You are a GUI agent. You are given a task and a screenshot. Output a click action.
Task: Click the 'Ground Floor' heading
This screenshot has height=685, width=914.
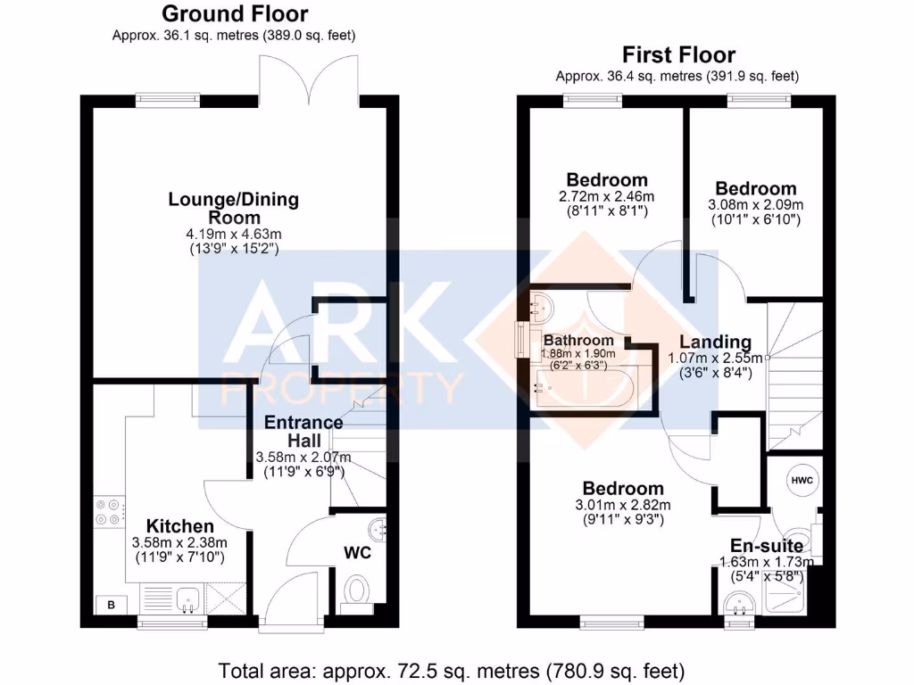235,14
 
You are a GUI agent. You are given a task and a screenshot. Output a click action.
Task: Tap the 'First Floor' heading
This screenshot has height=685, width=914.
678,55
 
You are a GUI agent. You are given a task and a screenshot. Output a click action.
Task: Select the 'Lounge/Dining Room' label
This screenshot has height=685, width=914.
234,208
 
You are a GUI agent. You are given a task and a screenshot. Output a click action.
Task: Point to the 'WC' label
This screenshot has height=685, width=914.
358,553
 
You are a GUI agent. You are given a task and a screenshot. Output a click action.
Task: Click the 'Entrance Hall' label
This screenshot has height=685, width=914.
303,432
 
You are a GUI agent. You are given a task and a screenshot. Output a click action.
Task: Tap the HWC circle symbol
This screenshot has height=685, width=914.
800,480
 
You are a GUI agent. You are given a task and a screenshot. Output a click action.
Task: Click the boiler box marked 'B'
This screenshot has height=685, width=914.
112,605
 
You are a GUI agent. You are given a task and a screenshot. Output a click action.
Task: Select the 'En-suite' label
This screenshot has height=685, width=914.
767,545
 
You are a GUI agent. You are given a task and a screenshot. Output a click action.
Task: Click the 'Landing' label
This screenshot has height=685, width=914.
715,342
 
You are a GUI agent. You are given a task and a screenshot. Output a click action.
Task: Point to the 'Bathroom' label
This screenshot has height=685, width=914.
578,340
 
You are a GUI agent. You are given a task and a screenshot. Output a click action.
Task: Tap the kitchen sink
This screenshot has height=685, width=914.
189,598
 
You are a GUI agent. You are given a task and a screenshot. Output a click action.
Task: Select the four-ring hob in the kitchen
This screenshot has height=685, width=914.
108,511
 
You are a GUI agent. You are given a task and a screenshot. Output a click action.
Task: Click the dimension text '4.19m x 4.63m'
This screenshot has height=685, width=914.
234,235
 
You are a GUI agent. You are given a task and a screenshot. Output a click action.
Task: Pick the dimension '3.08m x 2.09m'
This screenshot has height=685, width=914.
755,204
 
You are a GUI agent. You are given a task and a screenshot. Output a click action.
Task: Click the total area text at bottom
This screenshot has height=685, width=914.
452,669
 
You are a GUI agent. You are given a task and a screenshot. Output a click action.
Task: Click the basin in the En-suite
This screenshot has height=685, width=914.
738,607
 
